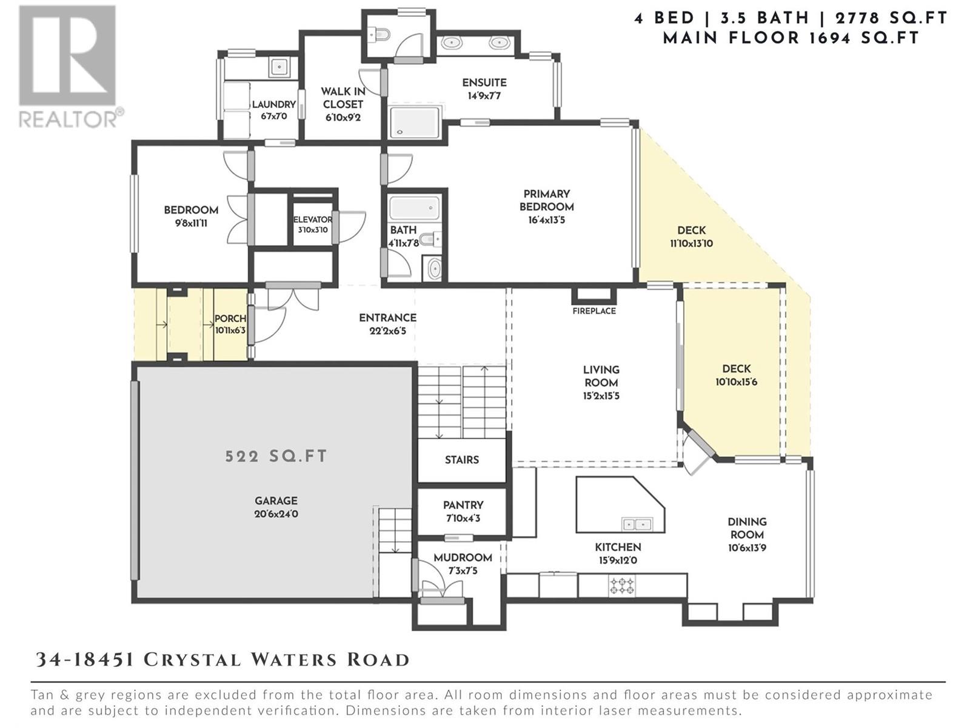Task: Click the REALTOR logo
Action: click(67, 67)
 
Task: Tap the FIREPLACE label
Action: click(594, 311)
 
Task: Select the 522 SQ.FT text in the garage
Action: click(276, 456)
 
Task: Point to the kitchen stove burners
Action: click(622, 586)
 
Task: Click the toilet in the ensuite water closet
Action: click(381, 35)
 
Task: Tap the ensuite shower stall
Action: click(415, 122)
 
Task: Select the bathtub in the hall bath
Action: click(415, 208)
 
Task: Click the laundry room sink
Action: click(279, 66)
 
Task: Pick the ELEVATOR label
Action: click(312, 220)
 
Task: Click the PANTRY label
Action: click(463, 505)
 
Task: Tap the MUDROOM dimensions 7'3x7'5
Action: click(463, 571)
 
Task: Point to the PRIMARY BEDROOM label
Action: click(546, 200)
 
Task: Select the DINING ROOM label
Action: click(747, 528)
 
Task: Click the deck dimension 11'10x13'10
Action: click(691, 244)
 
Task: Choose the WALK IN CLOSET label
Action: click(343, 98)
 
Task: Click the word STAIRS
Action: click(462, 460)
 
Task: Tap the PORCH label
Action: click(230, 318)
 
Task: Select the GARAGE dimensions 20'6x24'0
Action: click(276, 514)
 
